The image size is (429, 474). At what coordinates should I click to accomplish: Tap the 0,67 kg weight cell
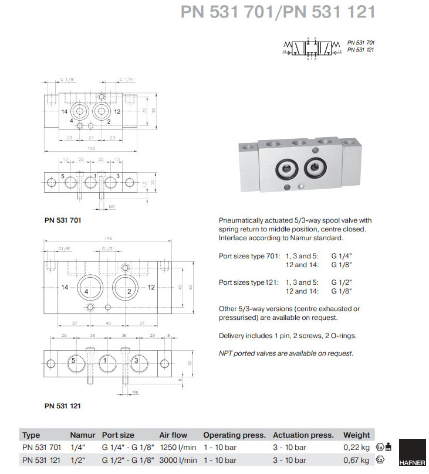coord(357,460)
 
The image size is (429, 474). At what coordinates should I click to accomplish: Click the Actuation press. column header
coord(303,435)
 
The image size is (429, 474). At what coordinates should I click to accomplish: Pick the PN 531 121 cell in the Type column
coord(42,460)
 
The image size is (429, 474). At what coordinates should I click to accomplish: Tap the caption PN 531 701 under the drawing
coord(62,220)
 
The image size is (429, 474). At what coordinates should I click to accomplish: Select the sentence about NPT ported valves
coord(286,353)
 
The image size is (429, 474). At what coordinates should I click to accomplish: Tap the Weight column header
coord(357,435)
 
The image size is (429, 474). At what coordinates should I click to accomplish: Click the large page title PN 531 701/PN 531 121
coord(277,13)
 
